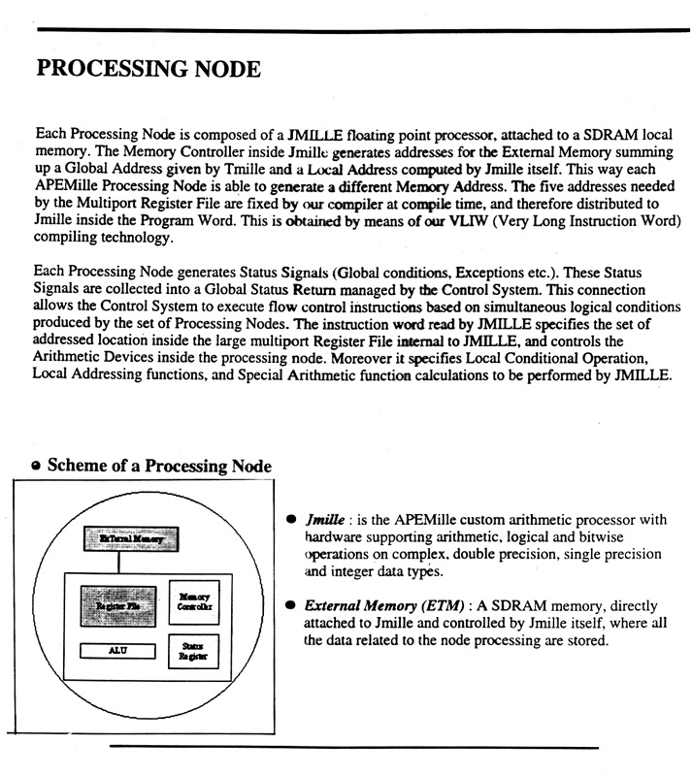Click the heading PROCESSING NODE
pyautogui.click(x=148, y=70)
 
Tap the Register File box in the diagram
pyautogui.click(x=117, y=603)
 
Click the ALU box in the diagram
pyautogui.click(x=116, y=652)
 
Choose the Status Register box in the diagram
pyautogui.click(x=195, y=652)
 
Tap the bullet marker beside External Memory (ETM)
pyautogui.click(x=291, y=605)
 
